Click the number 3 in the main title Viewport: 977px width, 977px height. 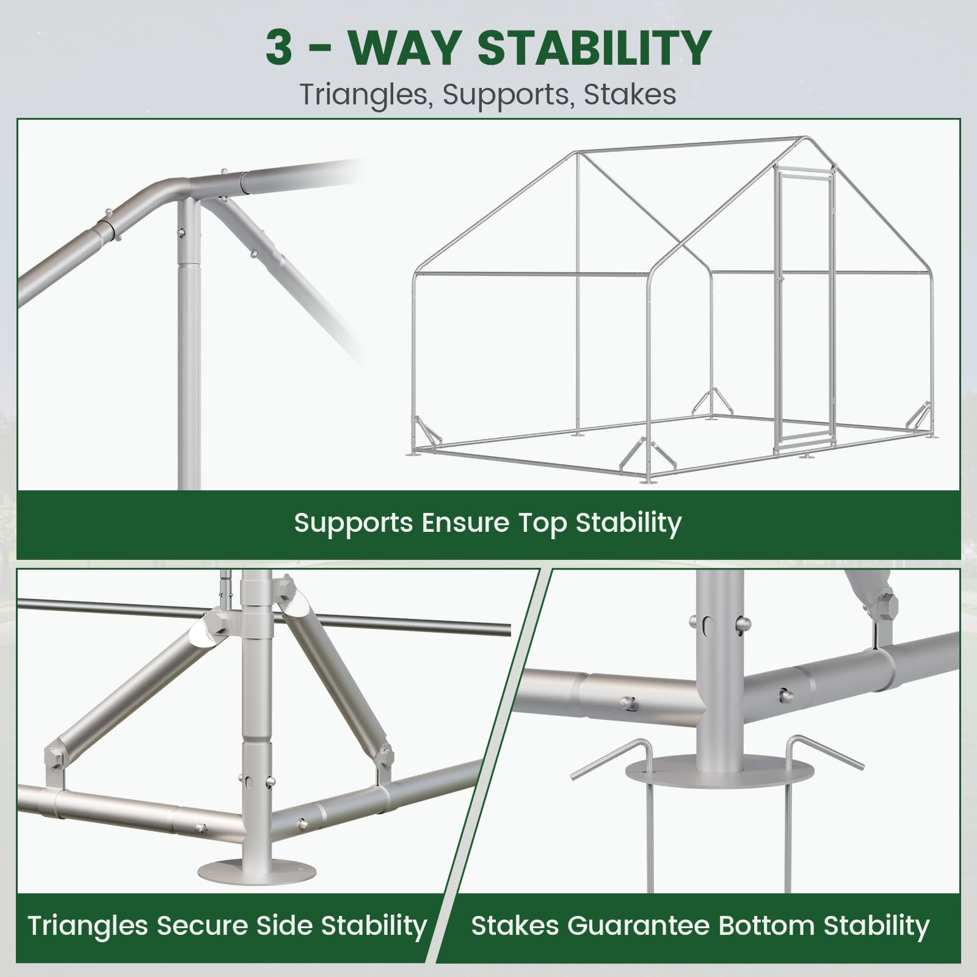coord(279,48)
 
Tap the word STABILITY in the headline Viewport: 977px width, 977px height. coord(595,48)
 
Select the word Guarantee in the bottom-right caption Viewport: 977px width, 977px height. coord(638,926)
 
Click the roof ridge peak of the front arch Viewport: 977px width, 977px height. coord(806,139)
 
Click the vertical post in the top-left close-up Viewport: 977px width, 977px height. coord(189,342)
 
